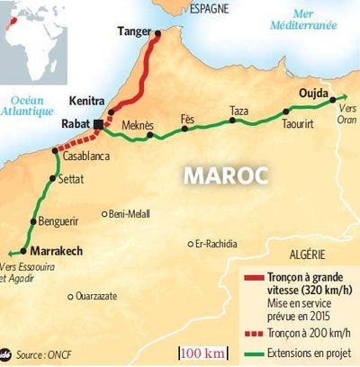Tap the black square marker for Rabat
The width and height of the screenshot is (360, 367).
98,123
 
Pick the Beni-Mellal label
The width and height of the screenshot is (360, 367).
130,214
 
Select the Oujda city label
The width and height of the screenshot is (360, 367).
312,92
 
